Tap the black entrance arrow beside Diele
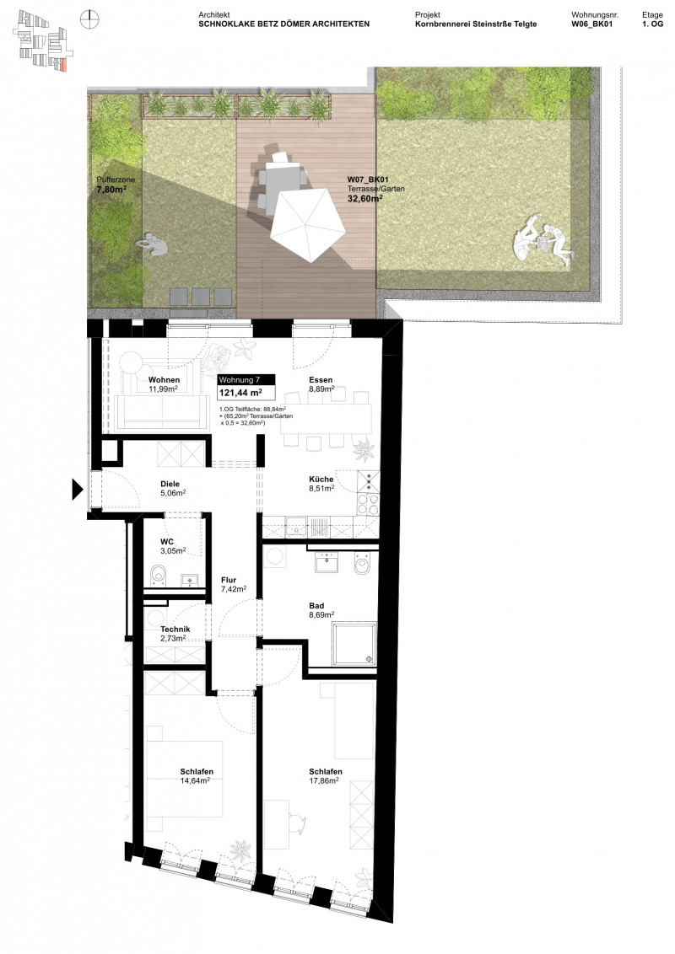[76, 488]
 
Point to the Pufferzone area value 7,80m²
[114, 190]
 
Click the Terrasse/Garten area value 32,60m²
[364, 201]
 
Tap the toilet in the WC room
[158, 576]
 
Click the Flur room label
[229, 580]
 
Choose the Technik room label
[175, 630]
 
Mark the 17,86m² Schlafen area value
[325, 780]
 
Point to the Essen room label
[321, 379]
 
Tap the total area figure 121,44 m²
[240, 393]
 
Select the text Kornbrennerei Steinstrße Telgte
[476, 24]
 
